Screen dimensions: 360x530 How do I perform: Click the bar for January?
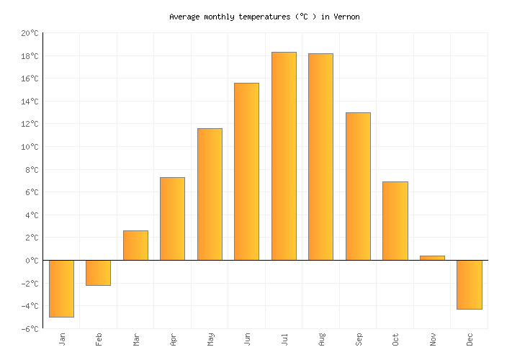click(x=61, y=288)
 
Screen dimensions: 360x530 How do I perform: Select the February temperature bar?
click(x=98, y=272)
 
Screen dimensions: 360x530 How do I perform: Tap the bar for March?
click(x=135, y=246)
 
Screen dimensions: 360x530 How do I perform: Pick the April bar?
click(x=172, y=219)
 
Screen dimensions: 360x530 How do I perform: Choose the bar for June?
click(x=246, y=171)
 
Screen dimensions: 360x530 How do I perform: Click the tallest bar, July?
click(x=284, y=156)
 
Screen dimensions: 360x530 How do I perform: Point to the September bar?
click(x=358, y=186)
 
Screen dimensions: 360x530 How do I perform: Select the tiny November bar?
click(x=432, y=258)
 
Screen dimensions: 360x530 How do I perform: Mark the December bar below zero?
click(x=469, y=284)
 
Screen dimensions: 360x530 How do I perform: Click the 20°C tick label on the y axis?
click(x=30, y=33)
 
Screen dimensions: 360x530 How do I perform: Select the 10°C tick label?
click(x=30, y=147)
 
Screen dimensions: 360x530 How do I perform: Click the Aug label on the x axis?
click(x=321, y=338)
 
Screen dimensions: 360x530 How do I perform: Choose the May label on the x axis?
click(x=210, y=338)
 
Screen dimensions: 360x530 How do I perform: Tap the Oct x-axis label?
click(x=395, y=338)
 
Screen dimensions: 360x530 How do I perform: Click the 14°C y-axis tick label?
click(x=30, y=102)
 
